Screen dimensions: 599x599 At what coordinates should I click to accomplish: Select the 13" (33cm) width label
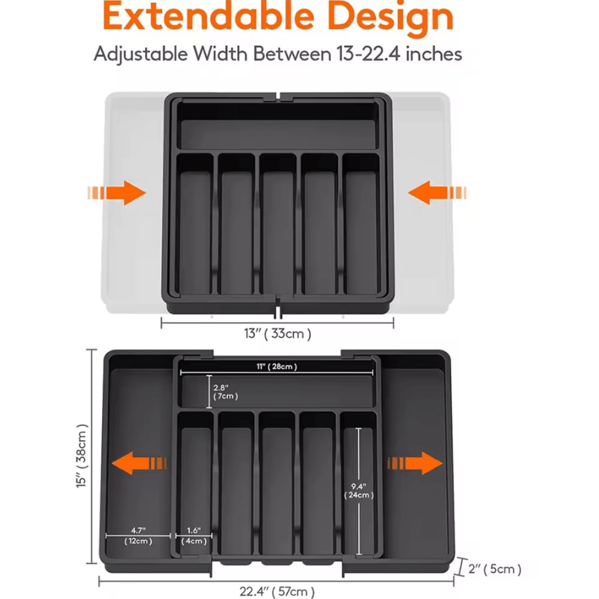(x=277, y=334)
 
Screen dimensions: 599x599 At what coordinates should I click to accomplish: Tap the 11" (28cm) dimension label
(x=274, y=367)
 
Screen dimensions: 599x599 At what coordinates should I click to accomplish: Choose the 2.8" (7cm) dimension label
(x=226, y=391)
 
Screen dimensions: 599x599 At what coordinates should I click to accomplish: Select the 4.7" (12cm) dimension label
(x=138, y=536)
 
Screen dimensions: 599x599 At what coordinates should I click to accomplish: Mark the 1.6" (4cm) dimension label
(x=193, y=536)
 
